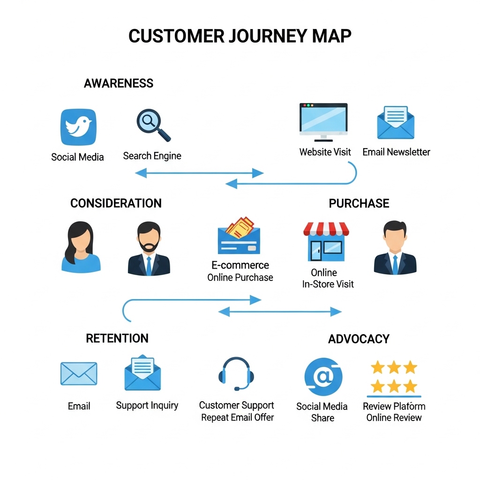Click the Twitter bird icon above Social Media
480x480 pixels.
click(x=78, y=127)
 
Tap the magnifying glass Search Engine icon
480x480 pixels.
click(x=153, y=125)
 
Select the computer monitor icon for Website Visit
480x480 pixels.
click(x=323, y=121)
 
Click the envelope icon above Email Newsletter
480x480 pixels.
click(x=396, y=122)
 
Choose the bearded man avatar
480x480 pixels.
click(x=149, y=249)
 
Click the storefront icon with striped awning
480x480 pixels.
click(x=326, y=241)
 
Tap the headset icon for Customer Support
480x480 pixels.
click(x=236, y=374)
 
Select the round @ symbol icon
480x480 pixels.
click(x=323, y=377)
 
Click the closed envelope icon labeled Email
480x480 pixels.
click(x=79, y=374)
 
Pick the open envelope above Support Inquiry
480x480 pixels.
click(x=142, y=373)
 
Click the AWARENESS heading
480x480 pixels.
click(x=119, y=83)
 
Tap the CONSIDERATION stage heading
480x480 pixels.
click(x=116, y=203)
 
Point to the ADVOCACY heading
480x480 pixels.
click(x=359, y=339)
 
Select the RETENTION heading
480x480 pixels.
click(x=117, y=338)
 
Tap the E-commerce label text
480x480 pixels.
click(x=240, y=265)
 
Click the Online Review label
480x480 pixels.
click(x=394, y=418)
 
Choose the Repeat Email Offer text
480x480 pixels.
click(x=237, y=418)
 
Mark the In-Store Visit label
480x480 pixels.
click(x=328, y=284)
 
